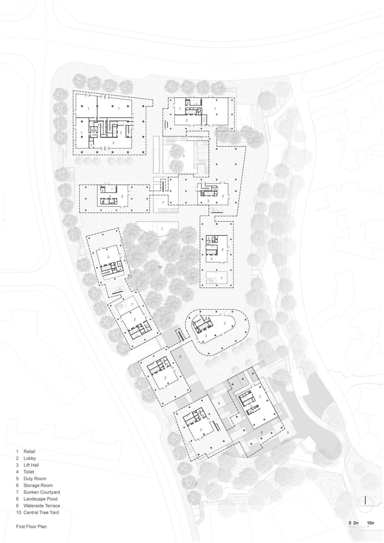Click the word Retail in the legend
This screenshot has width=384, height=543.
point(29,451)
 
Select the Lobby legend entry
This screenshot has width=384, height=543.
point(29,458)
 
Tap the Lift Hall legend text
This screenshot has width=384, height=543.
point(31,465)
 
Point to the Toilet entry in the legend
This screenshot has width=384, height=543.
point(29,472)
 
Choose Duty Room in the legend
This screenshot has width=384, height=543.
point(34,479)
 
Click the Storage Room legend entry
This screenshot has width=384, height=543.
point(38,485)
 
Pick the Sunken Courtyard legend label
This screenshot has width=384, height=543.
point(41,492)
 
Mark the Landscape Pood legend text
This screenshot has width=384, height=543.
point(40,499)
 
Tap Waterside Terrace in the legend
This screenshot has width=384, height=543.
point(41,506)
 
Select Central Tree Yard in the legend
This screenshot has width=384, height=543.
point(41,512)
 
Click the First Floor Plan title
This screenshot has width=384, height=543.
point(31,526)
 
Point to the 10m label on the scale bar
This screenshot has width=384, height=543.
point(370,523)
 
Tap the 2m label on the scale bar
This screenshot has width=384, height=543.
point(356,523)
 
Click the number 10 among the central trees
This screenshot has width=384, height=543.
point(160,267)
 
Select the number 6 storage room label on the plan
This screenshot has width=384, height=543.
point(208,238)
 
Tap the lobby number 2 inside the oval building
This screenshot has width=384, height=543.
point(224,323)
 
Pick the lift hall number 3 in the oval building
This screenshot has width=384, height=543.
point(205,336)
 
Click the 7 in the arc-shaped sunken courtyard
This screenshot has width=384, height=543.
point(162,229)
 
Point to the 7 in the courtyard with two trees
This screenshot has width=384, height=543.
point(184,157)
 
